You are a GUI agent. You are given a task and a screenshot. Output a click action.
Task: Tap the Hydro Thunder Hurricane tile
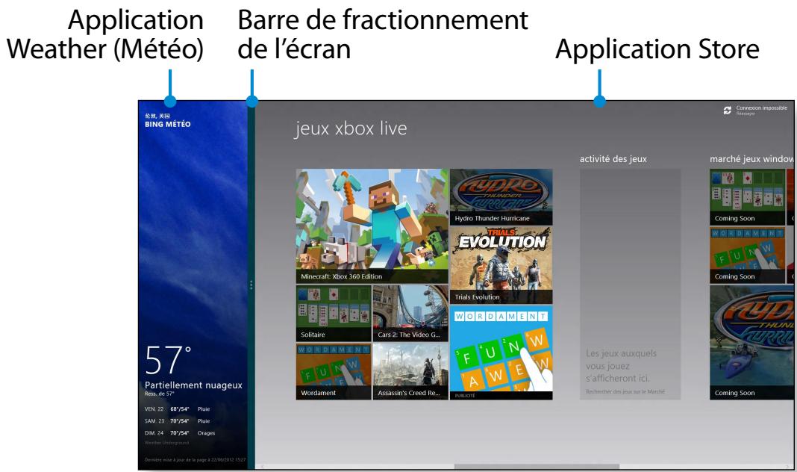pos(501,196)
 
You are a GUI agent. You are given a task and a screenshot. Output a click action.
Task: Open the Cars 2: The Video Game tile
pos(409,314)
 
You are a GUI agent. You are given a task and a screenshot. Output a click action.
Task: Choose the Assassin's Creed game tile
pos(409,371)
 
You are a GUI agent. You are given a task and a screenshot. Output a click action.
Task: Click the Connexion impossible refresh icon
pos(728,111)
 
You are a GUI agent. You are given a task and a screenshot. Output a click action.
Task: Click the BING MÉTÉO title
pos(168,125)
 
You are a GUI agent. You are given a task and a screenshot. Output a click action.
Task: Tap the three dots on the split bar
pos(251,285)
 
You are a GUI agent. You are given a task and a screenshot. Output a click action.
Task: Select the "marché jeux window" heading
pos(750,158)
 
